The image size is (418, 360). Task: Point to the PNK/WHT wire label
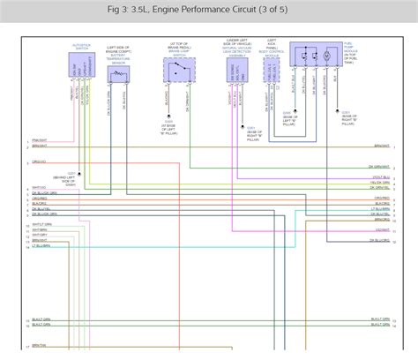[41, 140]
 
